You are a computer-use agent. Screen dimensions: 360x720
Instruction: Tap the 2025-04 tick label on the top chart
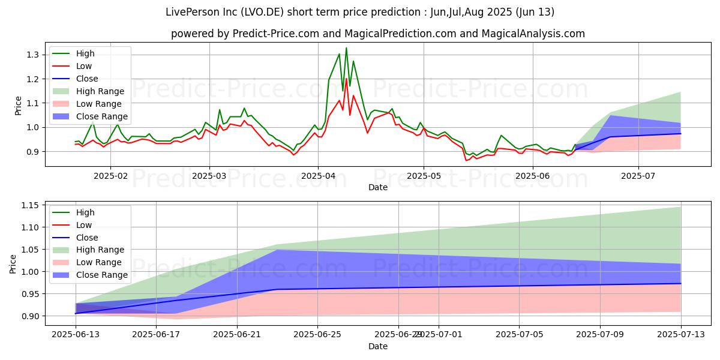pyautogui.click(x=317, y=175)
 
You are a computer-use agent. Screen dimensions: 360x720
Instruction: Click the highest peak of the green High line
pyautogui.click(x=346, y=48)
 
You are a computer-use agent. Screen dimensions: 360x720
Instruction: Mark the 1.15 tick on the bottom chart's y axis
pyautogui.click(x=30, y=205)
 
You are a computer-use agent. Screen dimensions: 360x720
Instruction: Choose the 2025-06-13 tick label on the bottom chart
pyautogui.click(x=76, y=334)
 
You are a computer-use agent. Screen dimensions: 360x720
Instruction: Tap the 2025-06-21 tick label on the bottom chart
pyautogui.click(x=237, y=334)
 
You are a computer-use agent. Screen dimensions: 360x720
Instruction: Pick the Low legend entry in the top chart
pyautogui.click(x=85, y=66)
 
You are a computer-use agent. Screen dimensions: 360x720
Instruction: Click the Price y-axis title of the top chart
pyautogui.click(x=18, y=104)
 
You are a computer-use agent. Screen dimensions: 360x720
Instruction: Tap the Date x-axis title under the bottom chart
pyautogui.click(x=378, y=346)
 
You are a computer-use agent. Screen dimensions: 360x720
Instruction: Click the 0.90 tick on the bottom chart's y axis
pyautogui.click(x=30, y=316)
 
